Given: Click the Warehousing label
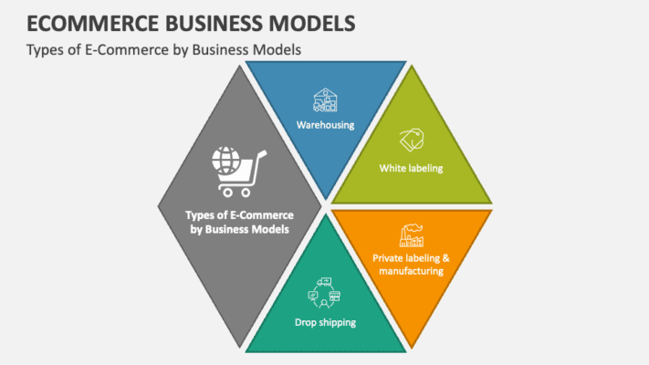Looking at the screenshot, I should pyautogui.click(x=324, y=124).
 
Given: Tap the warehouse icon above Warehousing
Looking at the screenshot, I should pyautogui.click(x=325, y=100).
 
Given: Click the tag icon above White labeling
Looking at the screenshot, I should pyautogui.click(x=411, y=141).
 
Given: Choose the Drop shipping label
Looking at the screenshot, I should pyautogui.click(x=325, y=322).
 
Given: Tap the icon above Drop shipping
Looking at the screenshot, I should pyautogui.click(x=325, y=294).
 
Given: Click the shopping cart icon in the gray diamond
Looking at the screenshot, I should pyautogui.click(x=238, y=172).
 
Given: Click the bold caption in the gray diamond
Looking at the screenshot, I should pyautogui.click(x=238, y=223).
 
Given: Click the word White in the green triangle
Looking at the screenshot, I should pyautogui.click(x=394, y=168).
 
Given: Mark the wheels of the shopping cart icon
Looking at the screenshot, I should pyautogui.click(x=235, y=193).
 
